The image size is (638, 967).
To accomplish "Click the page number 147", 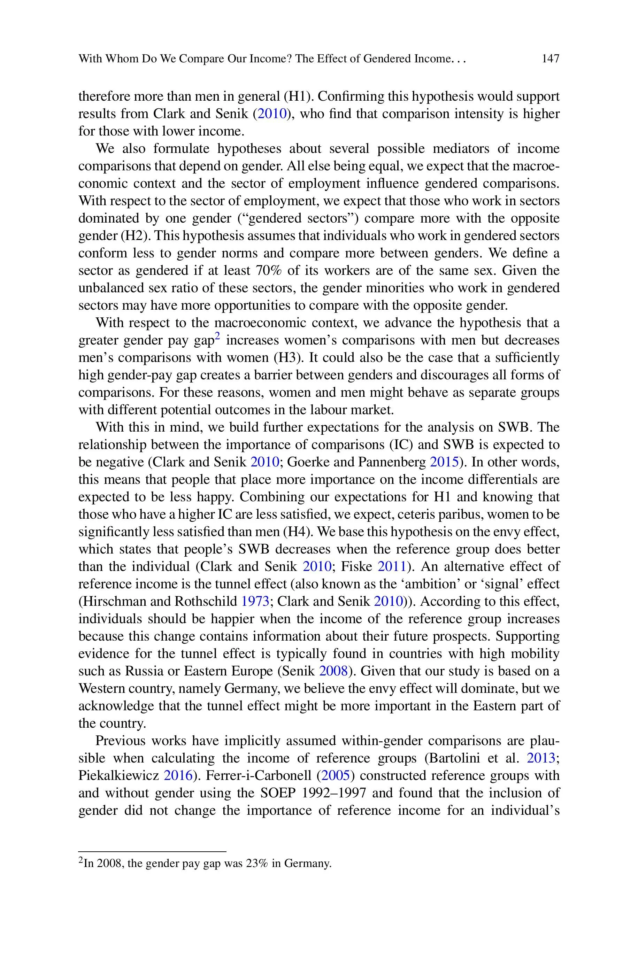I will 551,59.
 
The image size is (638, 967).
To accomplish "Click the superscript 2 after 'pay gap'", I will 217,336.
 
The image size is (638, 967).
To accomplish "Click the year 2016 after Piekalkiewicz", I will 178,775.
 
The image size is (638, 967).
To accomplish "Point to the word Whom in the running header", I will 122,59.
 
